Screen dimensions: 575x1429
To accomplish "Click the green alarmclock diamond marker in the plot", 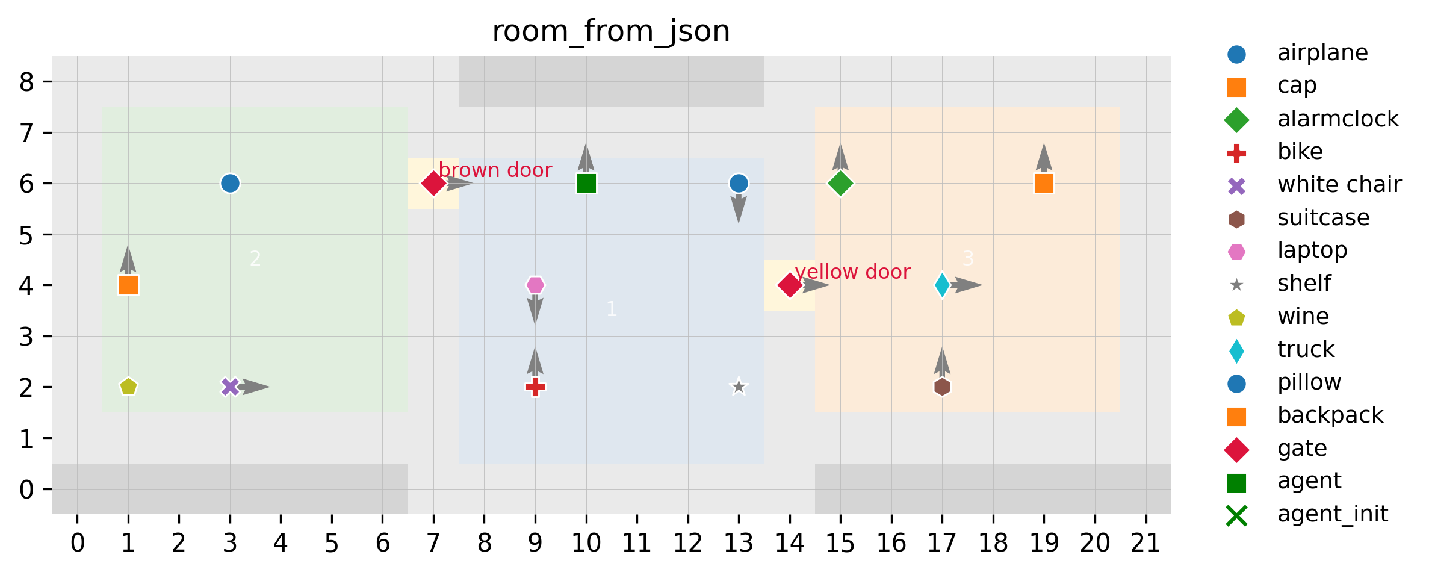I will pos(840,183).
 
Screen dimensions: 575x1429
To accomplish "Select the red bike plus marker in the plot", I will pos(535,387).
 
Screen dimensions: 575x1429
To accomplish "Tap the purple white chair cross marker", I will pos(230,387).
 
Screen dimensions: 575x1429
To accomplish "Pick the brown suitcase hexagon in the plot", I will pos(942,387).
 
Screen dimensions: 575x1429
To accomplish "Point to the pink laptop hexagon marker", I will pos(535,285).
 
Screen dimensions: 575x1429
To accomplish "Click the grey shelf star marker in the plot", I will pos(739,387).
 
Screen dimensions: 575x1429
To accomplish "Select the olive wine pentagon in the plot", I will pos(128,387).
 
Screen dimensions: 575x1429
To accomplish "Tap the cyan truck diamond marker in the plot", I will pos(942,285).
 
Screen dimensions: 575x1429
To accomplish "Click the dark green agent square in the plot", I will pos(586,183).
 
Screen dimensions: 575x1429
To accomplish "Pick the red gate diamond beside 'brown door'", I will pos(433,183).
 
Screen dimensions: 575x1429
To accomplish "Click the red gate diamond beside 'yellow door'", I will pos(790,285).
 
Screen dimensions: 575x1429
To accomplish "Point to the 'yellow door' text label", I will pos(852,272).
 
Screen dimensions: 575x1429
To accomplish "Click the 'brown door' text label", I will pos(495,170).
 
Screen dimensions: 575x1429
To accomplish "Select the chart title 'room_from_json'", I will pos(611,31).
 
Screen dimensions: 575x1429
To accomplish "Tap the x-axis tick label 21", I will pos(1145,544).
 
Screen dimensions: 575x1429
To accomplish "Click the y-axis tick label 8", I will pos(26,82).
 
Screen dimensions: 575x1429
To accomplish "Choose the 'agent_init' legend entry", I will pos(1333,514).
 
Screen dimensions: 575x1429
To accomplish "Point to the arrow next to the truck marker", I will pos(966,285).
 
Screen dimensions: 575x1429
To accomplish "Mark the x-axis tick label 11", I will pos(637,544).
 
